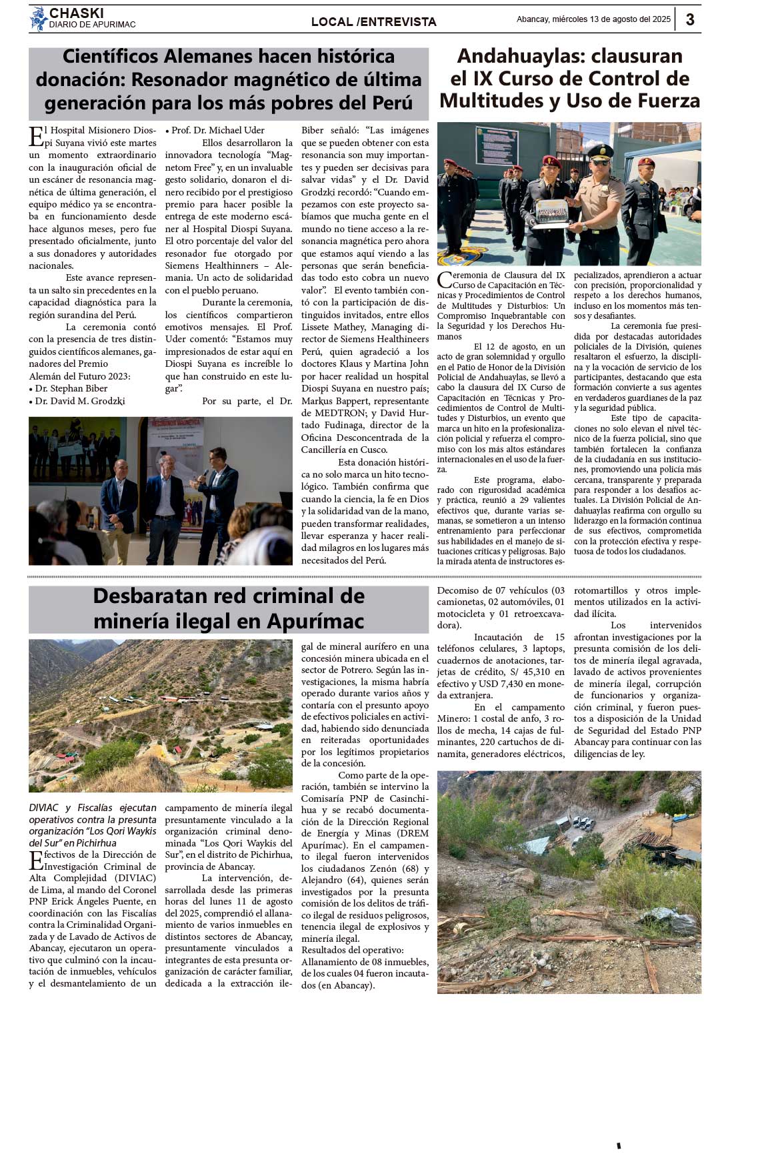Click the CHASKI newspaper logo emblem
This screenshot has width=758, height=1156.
tap(39, 19)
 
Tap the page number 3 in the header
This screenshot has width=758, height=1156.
tap(690, 19)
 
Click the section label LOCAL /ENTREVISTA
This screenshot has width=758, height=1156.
tap(373, 22)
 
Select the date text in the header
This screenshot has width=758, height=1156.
tap(593, 19)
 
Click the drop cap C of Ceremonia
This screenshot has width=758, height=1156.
tap(445, 280)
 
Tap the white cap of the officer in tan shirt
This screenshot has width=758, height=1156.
tap(601, 151)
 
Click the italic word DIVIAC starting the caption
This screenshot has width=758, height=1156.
tap(44, 807)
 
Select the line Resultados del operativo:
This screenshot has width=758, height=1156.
tap(352, 950)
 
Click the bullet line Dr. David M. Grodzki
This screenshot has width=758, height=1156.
tap(80, 401)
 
